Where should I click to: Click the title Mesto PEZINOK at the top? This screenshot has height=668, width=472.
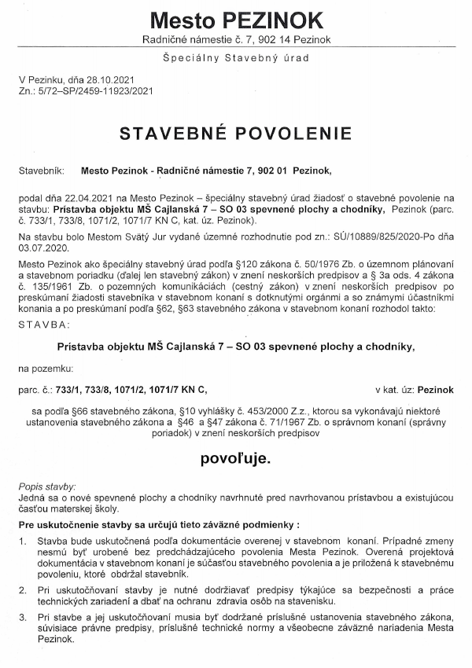[x=236, y=19]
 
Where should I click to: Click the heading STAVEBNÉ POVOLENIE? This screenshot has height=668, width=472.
[x=236, y=134]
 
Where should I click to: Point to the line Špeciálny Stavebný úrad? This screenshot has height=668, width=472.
[x=236, y=59]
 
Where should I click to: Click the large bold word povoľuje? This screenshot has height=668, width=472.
[x=236, y=457]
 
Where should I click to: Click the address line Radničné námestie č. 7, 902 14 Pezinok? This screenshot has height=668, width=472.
[x=236, y=39]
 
